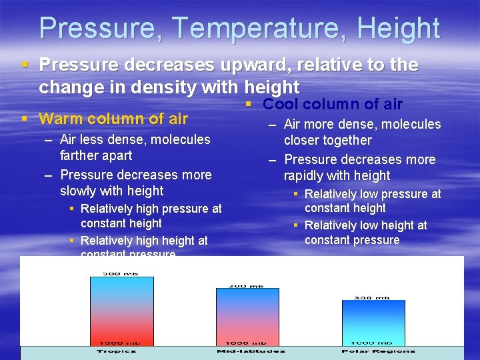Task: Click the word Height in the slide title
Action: [398, 29]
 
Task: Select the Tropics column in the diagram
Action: [121, 311]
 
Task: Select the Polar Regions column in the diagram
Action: [373, 322]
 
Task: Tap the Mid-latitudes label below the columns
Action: [250, 351]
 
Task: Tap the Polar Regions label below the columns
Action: [377, 351]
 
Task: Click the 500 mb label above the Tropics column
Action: [121, 273]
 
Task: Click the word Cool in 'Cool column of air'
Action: [281, 104]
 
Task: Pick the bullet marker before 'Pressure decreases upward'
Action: [25, 65]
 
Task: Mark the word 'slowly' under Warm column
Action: [81, 191]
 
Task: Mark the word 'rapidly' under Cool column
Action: [305, 175]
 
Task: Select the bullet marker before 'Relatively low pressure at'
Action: [296, 194]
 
